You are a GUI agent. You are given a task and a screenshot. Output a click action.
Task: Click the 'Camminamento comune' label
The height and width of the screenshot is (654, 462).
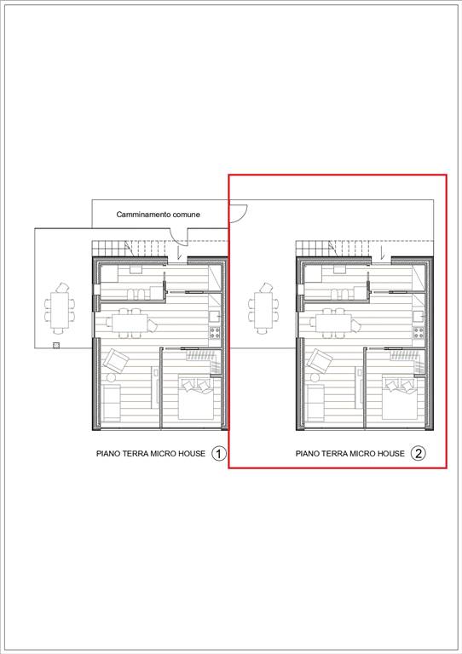(x=159, y=215)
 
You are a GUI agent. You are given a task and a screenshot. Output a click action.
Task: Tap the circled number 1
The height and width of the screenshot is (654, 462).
(x=219, y=453)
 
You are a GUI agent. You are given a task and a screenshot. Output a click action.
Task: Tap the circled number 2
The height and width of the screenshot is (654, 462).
(x=419, y=453)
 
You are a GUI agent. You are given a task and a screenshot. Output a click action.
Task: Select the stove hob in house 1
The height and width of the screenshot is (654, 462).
(x=215, y=332)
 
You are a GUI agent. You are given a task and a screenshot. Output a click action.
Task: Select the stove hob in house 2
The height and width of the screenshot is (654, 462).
(x=419, y=332)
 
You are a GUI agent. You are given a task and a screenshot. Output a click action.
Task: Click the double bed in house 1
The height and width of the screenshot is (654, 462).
(x=195, y=398)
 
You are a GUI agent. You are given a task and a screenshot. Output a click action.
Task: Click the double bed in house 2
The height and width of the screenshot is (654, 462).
(x=399, y=398)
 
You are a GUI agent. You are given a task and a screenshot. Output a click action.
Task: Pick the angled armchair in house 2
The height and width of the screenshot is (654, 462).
(x=321, y=361)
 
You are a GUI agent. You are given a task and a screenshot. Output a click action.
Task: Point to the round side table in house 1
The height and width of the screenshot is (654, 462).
(x=111, y=377)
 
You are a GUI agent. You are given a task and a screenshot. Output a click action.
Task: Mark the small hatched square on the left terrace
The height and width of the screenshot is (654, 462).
(x=56, y=346)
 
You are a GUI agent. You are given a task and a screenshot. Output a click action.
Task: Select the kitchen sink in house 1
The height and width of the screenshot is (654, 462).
(x=215, y=317)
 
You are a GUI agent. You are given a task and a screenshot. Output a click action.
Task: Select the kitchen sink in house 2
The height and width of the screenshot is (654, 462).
(x=419, y=317)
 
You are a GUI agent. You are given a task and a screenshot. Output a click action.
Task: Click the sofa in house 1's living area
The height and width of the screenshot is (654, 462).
(x=112, y=403)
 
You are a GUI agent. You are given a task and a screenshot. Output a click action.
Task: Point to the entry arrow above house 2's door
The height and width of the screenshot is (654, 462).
(x=383, y=253)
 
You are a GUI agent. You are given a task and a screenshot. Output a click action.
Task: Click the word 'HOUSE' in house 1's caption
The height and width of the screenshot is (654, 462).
(x=192, y=453)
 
